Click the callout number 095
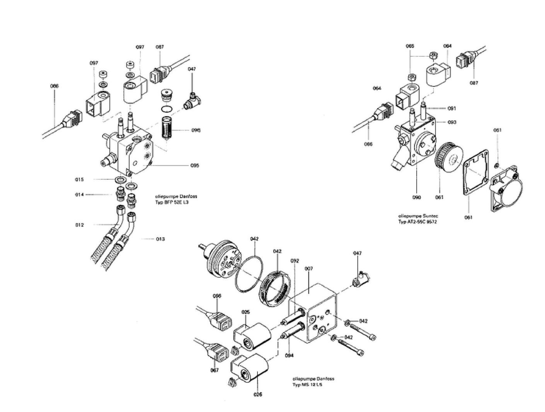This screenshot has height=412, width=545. [x=194, y=166]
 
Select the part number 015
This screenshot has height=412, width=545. [x=79, y=180]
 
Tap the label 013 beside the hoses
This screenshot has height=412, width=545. [x=160, y=239]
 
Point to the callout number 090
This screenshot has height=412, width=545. [x=416, y=198]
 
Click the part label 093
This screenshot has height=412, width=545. [x=452, y=122]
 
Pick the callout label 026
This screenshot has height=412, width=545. [x=258, y=395]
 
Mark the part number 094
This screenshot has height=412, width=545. [x=289, y=355]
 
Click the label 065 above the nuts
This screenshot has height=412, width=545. [x=410, y=46]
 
